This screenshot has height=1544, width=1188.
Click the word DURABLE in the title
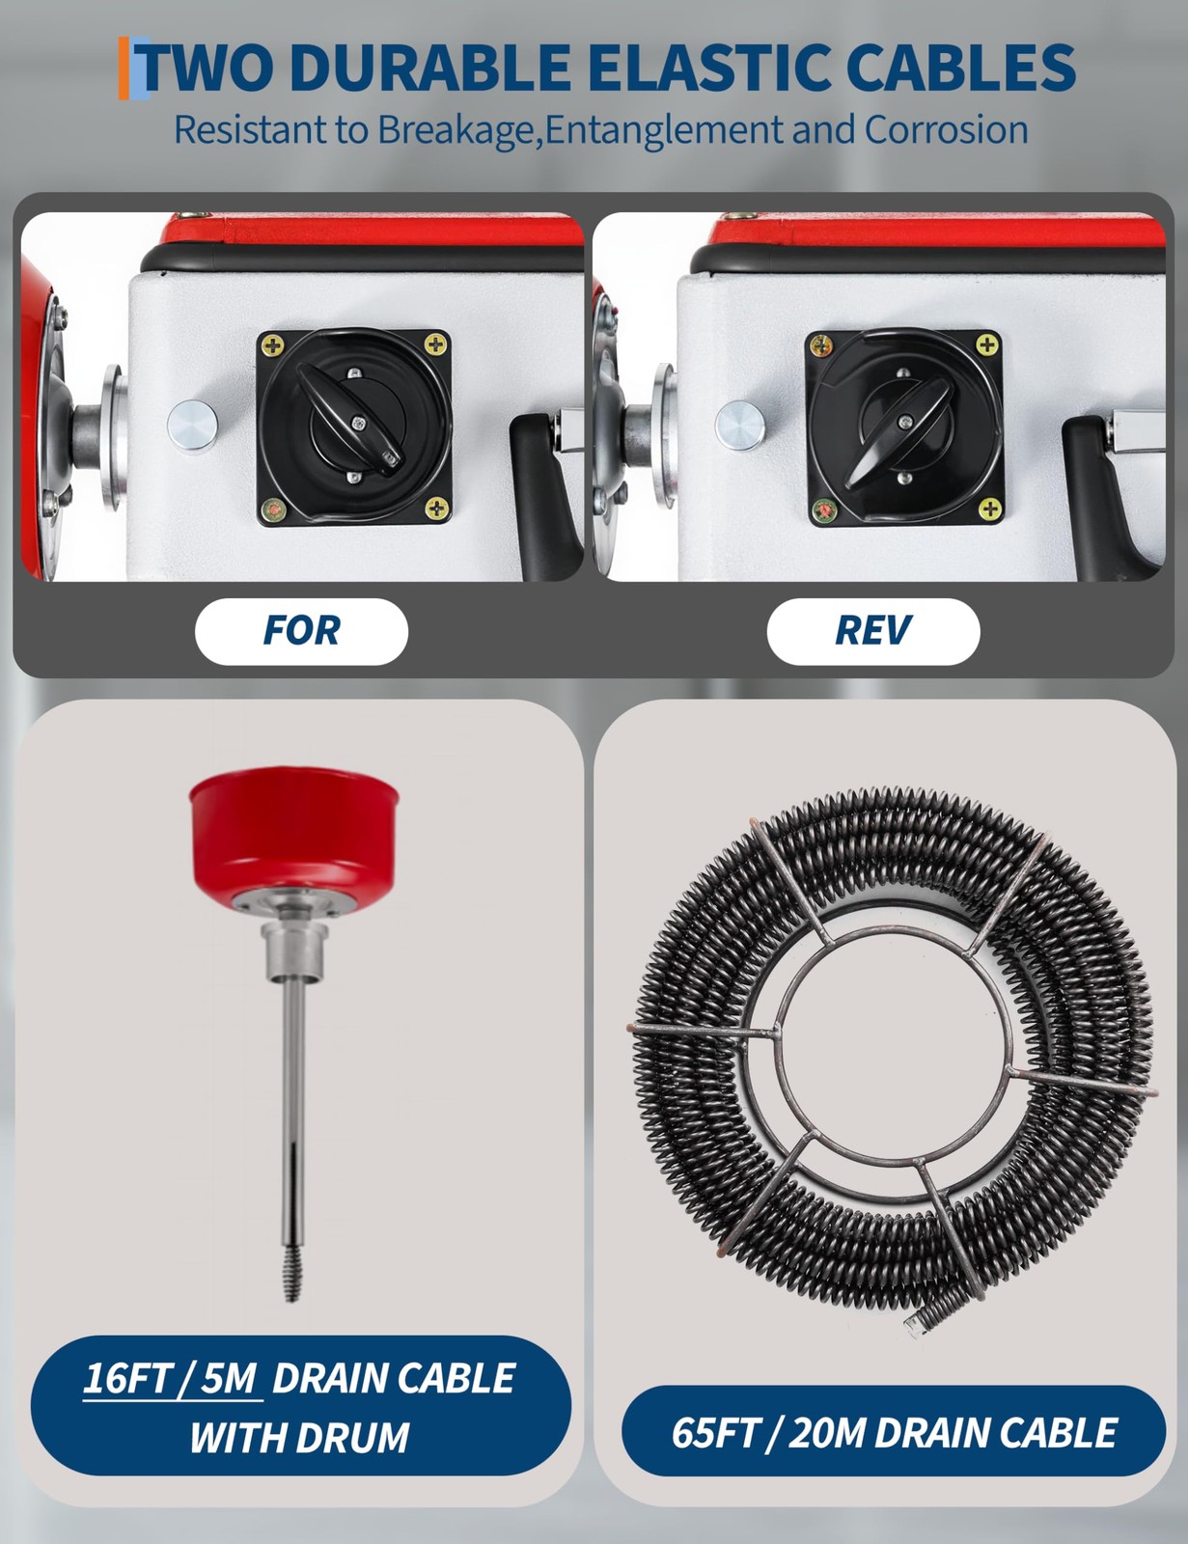coord(429,68)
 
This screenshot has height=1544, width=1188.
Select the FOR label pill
coord(301,631)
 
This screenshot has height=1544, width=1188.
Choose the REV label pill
coord(873,631)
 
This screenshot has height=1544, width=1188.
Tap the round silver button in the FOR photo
coord(193,425)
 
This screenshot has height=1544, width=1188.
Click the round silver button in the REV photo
coord(739,425)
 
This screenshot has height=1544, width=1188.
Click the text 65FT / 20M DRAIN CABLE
coord(893,1432)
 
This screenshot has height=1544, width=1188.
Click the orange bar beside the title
coord(124,68)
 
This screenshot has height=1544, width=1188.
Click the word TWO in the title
coord(207,68)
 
